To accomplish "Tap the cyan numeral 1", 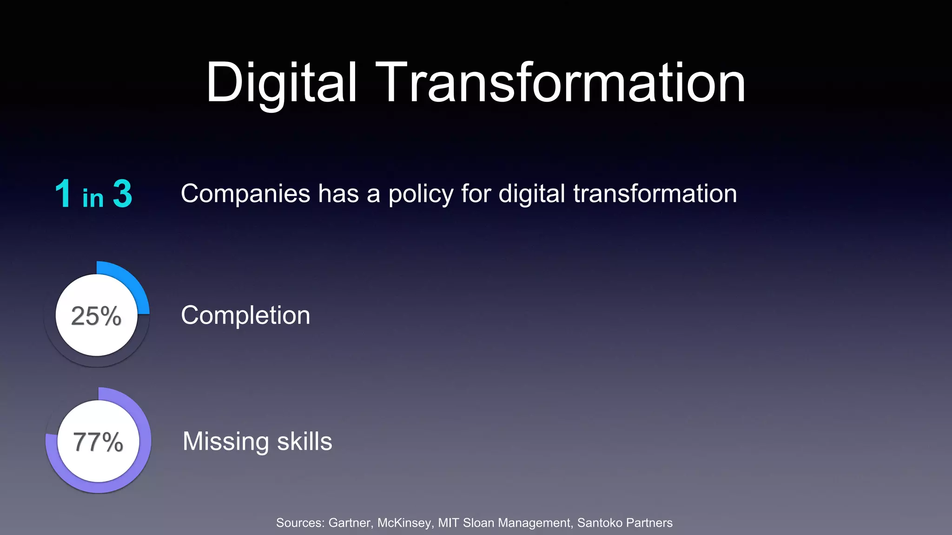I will (63, 194).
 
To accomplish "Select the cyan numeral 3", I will (123, 194).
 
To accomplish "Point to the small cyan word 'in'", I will (93, 198).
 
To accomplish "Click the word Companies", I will (245, 194).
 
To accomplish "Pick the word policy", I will (421, 195).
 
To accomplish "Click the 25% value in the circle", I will (96, 316).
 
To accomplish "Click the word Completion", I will (245, 316).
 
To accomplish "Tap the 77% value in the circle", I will (98, 442).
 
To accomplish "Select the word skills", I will (304, 442).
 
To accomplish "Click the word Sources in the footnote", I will (300, 523).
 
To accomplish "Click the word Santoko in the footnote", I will (598, 523).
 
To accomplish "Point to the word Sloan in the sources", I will (479, 523).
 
